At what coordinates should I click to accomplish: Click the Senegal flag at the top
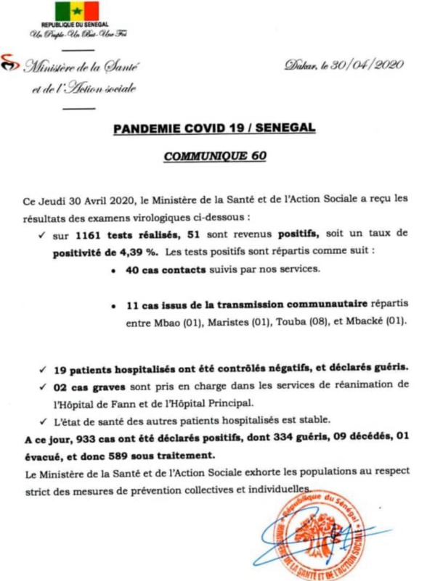(x=76, y=12)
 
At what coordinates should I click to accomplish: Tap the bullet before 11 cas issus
(x=115, y=305)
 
